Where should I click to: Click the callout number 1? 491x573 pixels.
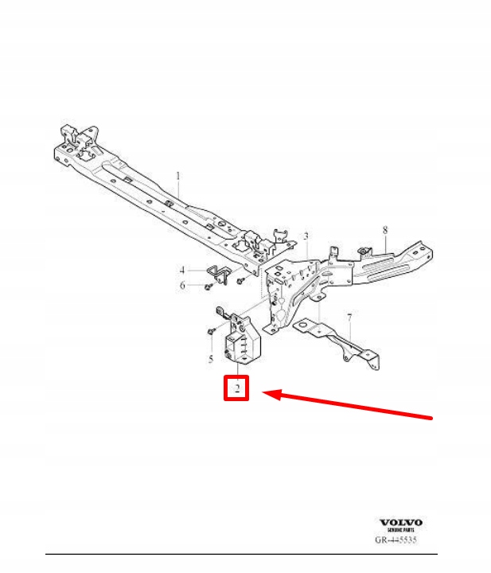point(178,175)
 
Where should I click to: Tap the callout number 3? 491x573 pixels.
point(305,236)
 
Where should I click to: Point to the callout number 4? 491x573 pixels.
point(182,269)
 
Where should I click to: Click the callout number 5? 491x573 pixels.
point(211,359)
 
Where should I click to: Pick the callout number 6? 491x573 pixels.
point(182,286)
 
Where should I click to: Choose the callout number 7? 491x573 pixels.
point(348,318)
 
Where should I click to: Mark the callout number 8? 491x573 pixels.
point(384,230)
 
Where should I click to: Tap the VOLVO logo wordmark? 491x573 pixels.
point(400,523)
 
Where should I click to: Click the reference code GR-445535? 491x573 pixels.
point(396,540)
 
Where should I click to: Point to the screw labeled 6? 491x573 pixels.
point(206,286)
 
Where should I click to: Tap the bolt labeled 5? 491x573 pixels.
point(212,329)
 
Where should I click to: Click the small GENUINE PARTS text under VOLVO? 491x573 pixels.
point(400,530)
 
